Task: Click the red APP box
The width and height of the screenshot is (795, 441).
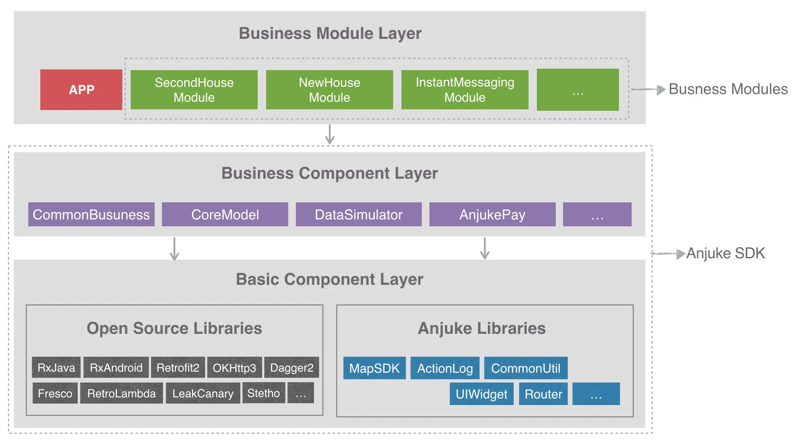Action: (x=81, y=90)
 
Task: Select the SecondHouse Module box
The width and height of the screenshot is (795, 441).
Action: (x=194, y=90)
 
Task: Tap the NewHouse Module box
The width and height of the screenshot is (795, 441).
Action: (x=330, y=90)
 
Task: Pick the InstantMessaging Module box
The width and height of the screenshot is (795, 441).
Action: (x=465, y=90)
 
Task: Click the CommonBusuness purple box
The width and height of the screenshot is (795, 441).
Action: (x=91, y=214)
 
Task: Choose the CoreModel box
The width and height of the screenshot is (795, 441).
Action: (x=225, y=214)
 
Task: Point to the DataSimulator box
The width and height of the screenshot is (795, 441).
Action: (x=359, y=214)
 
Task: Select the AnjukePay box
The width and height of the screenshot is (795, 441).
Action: (x=493, y=214)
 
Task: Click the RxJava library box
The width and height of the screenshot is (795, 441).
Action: (x=56, y=367)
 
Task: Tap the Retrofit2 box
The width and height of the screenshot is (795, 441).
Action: (x=178, y=367)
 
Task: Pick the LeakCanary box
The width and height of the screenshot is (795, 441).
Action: (x=203, y=393)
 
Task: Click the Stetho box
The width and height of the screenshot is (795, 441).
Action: (x=264, y=393)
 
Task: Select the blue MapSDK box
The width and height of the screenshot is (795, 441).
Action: (x=375, y=368)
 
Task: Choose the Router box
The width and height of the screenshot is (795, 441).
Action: (x=543, y=394)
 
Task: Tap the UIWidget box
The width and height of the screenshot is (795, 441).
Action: (x=482, y=394)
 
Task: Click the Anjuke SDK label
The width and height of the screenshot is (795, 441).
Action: (x=726, y=253)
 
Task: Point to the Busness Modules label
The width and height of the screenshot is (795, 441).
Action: (x=728, y=89)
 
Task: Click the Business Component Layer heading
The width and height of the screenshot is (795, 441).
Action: (x=330, y=173)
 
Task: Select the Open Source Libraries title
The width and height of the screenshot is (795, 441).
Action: (x=174, y=328)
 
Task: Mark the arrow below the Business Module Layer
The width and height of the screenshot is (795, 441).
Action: (x=330, y=134)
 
